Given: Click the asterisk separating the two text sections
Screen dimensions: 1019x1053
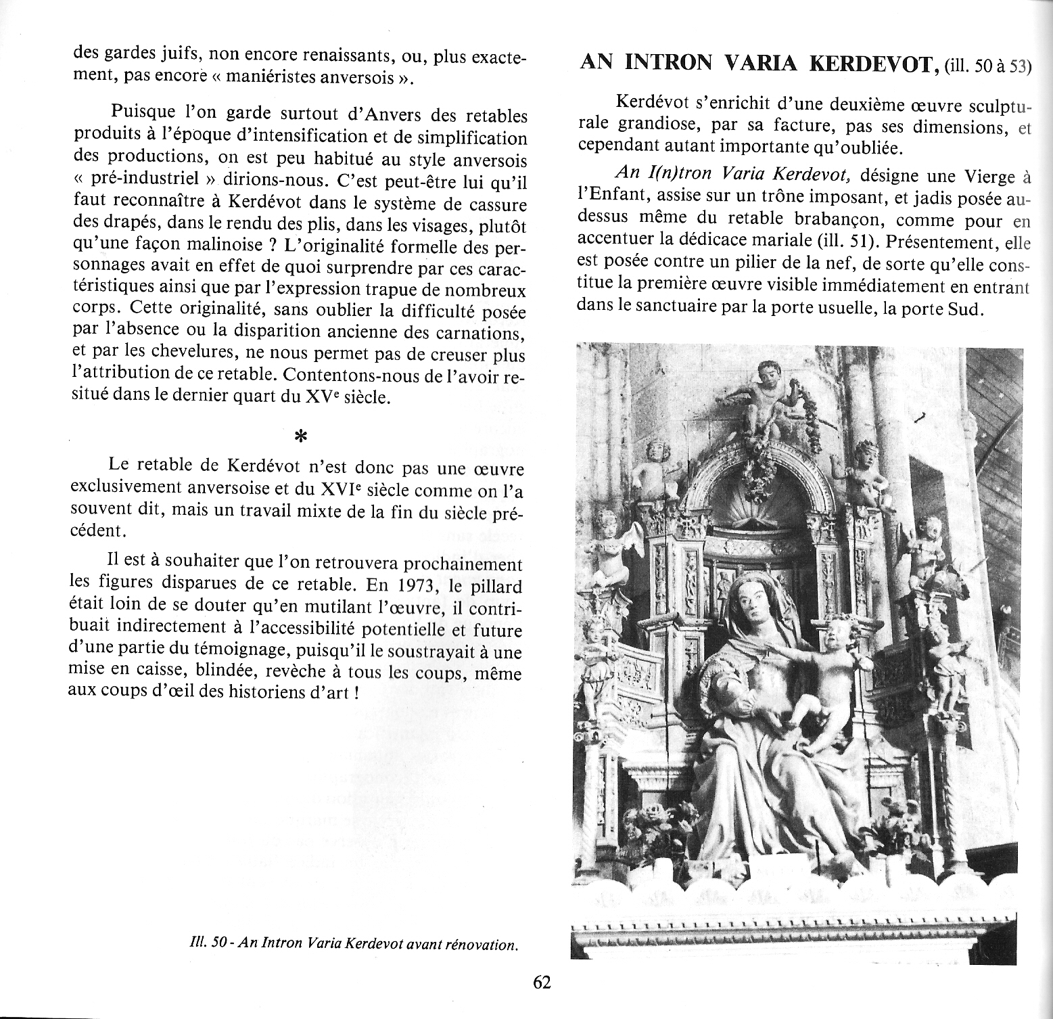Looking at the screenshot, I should [300, 437].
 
